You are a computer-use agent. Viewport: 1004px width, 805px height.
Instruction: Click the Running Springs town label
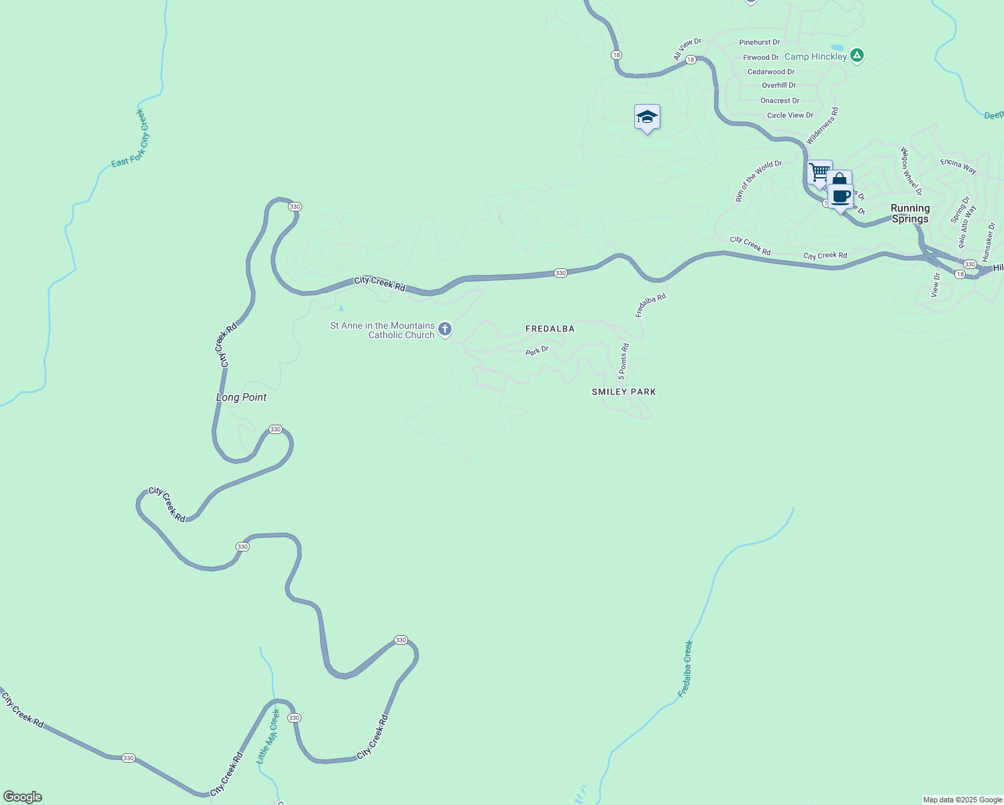tap(910, 213)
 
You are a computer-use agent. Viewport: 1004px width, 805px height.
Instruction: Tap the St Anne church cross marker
tap(444, 329)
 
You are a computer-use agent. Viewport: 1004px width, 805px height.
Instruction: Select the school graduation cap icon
tap(647, 117)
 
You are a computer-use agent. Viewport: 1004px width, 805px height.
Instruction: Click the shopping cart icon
tap(819, 172)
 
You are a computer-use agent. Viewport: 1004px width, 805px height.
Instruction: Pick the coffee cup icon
tap(840, 197)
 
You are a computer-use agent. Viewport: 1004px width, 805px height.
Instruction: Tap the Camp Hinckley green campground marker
tap(856, 56)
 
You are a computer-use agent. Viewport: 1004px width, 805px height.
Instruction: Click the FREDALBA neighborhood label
tap(550, 329)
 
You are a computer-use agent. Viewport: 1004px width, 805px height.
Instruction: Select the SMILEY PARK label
tap(623, 392)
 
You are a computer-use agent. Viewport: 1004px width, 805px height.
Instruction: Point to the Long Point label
tap(241, 398)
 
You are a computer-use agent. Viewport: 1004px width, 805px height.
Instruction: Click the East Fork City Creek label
tap(130, 138)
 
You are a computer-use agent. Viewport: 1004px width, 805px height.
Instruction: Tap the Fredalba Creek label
tap(685, 669)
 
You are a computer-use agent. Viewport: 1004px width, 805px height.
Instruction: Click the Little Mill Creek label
tap(268, 737)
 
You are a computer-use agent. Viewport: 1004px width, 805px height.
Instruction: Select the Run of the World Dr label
tap(758, 181)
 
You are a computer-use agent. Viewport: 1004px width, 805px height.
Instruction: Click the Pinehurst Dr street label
tap(760, 42)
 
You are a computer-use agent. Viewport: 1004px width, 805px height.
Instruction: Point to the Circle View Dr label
tap(790, 115)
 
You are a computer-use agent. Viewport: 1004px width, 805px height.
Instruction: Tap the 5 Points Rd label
tap(623, 362)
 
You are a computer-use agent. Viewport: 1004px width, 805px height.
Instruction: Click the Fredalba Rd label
tap(651, 305)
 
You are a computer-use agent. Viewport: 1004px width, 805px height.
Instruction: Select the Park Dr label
tap(537, 350)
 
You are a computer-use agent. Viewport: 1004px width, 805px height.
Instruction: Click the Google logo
tap(23, 797)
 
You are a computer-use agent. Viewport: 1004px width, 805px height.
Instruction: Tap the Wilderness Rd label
tap(822, 126)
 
